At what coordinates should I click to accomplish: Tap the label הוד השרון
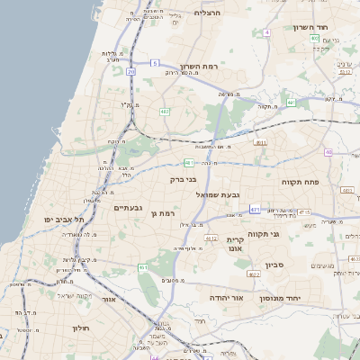(314, 27)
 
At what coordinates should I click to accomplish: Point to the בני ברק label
(183, 179)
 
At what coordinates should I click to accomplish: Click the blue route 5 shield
(155, 63)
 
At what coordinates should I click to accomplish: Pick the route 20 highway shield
(131, 70)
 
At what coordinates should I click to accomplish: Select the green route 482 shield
(165, 112)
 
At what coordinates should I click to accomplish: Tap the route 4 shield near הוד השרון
(266, 32)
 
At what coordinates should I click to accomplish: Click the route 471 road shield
(255, 208)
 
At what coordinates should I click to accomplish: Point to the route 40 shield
(328, 152)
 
